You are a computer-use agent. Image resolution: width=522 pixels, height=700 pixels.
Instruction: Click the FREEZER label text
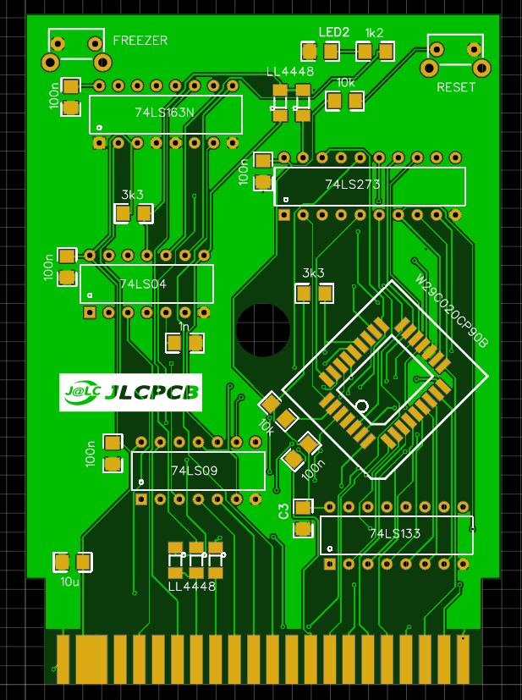click(140, 41)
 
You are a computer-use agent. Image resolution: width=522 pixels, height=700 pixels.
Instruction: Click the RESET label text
click(456, 87)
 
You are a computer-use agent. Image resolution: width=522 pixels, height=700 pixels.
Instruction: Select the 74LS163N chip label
click(164, 112)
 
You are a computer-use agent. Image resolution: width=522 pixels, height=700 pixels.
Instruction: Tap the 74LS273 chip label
click(353, 184)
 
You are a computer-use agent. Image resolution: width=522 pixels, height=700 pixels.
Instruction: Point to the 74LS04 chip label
click(143, 284)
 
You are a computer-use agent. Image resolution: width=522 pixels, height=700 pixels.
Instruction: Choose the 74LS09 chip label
click(195, 471)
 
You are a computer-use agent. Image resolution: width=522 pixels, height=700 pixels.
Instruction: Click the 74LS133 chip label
click(394, 533)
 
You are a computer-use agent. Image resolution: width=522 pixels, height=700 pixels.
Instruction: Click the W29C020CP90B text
click(452, 311)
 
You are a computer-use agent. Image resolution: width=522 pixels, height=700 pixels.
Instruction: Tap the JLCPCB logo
click(130, 392)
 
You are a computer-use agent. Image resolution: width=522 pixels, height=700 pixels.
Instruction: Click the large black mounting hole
click(263, 329)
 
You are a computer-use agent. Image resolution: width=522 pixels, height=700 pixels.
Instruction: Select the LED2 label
click(333, 32)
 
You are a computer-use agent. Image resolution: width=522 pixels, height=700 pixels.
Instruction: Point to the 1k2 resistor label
click(374, 32)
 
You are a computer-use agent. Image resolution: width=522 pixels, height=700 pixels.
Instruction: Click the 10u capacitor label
click(69, 581)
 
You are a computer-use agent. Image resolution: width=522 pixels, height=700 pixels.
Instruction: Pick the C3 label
click(283, 510)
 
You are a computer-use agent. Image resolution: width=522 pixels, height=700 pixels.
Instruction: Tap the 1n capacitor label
click(184, 327)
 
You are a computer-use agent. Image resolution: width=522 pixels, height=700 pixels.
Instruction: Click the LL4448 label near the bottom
click(191, 586)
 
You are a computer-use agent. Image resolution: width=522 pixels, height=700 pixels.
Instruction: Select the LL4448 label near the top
click(290, 72)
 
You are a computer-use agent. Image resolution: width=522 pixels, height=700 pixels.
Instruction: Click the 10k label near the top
click(346, 83)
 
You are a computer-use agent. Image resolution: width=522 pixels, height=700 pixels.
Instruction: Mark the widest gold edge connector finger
click(91, 659)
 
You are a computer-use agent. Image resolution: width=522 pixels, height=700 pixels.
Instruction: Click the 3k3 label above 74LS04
click(133, 195)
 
